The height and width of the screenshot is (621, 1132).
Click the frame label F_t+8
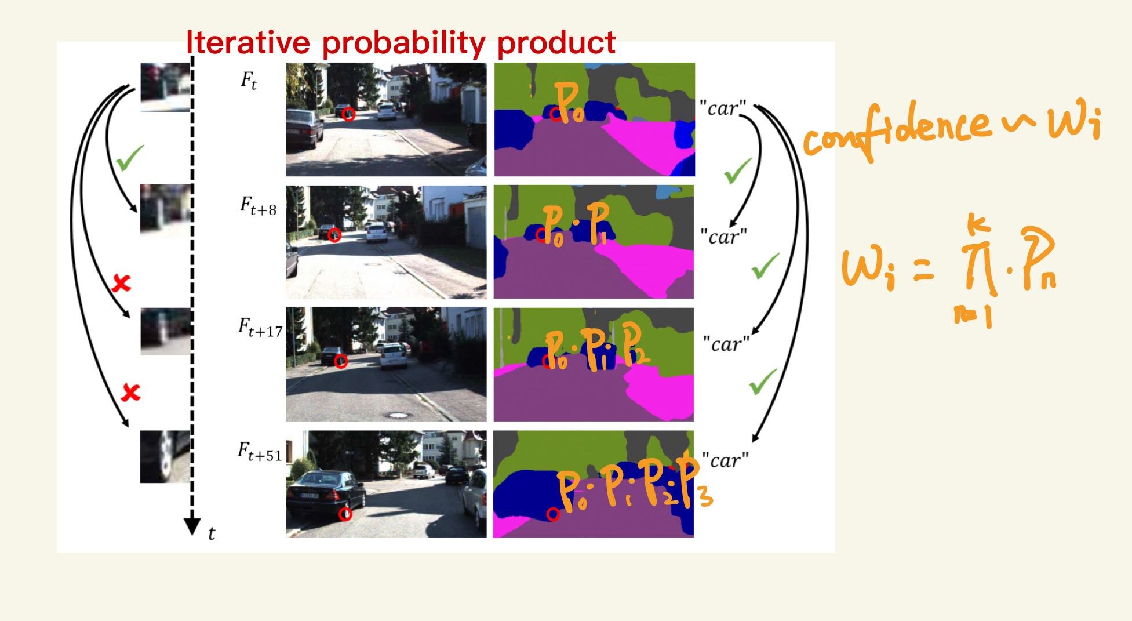(x=258, y=205)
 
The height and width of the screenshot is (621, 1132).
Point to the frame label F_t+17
(x=260, y=328)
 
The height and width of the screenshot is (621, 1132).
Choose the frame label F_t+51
(x=260, y=452)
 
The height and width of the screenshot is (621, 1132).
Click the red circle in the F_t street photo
(x=348, y=114)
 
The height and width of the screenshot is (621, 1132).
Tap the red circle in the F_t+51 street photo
(x=346, y=514)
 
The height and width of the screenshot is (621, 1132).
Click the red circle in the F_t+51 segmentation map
(x=553, y=514)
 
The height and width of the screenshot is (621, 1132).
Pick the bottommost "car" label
(x=725, y=460)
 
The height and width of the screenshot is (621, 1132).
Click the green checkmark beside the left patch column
(x=129, y=158)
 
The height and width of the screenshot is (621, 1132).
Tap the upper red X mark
(x=121, y=283)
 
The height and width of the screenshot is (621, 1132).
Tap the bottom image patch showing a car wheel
(x=165, y=457)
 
